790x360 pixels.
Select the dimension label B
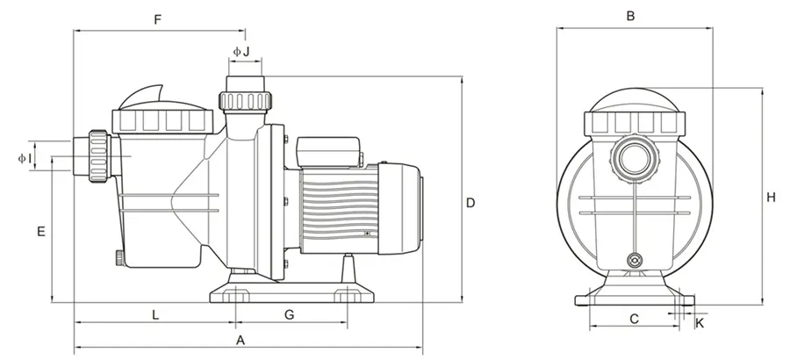pyautogui.click(x=630, y=15)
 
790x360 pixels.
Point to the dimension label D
pyautogui.click(x=470, y=203)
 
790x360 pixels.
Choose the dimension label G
pyautogui.click(x=289, y=313)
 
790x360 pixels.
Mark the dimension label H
pyautogui.click(x=770, y=198)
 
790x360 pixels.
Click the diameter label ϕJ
pyautogui.click(x=241, y=52)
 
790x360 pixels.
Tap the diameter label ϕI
pyautogui.click(x=25, y=158)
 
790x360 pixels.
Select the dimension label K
pyautogui.click(x=700, y=323)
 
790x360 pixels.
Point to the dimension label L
pyautogui.click(x=154, y=313)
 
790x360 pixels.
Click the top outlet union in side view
pyautogui.click(x=248, y=93)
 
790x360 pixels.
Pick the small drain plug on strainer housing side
pyautogui.click(x=117, y=257)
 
